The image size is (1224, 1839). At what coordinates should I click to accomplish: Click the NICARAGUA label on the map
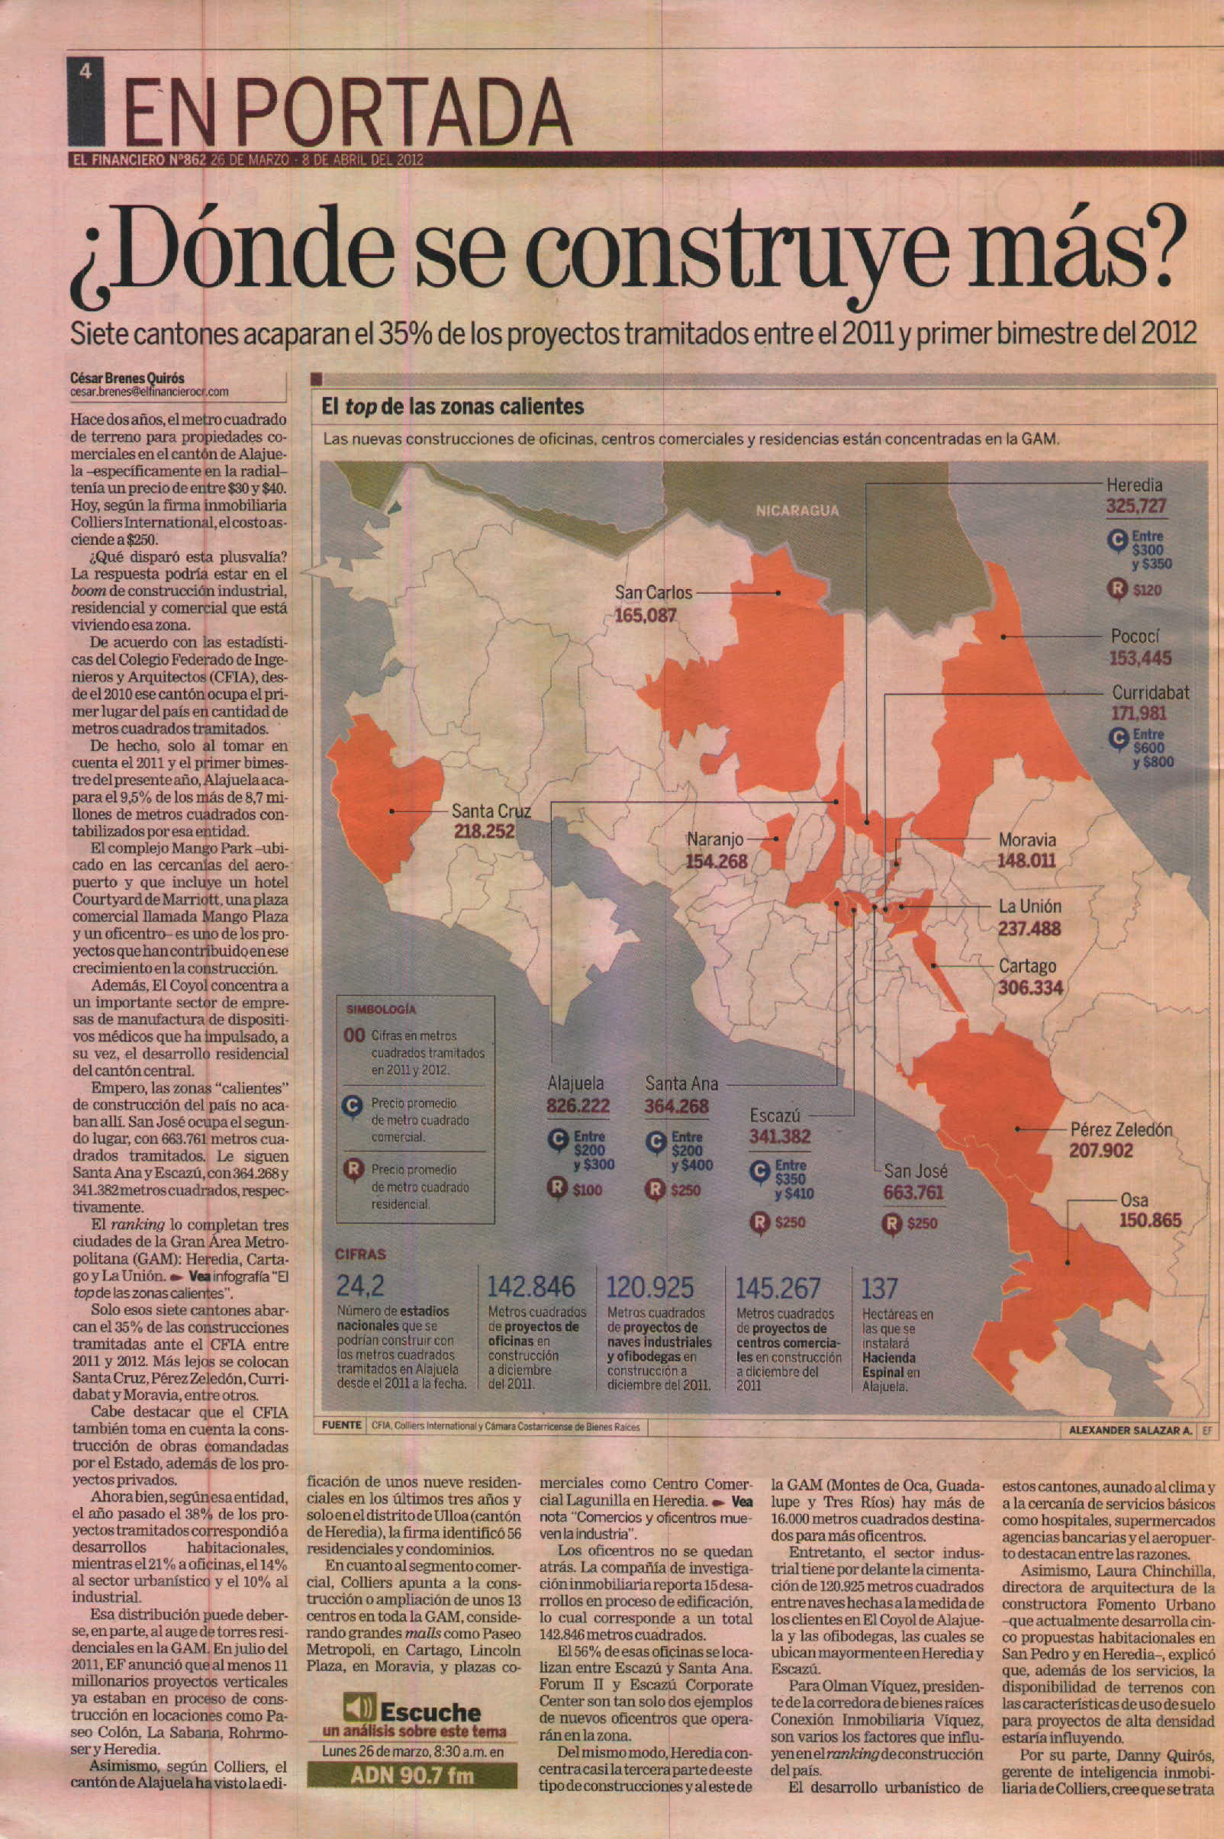(796, 510)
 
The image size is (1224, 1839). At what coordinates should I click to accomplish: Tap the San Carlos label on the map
(652, 592)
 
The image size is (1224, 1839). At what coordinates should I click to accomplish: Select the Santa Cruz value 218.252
(484, 831)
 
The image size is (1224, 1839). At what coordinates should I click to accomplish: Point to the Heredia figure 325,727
(1135, 506)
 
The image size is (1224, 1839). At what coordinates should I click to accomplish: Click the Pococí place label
(1135, 636)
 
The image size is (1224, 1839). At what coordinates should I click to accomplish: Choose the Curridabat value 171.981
(1138, 713)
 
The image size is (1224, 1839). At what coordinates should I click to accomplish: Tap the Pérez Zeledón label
(1121, 1129)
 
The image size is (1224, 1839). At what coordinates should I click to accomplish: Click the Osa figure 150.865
(1151, 1220)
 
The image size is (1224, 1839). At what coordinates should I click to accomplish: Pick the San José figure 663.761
(913, 1193)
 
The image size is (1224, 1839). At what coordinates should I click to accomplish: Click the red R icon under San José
(891, 1224)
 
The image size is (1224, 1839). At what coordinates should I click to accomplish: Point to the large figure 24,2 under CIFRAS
(360, 1286)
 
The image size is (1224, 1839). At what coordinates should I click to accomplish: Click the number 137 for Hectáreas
(879, 1288)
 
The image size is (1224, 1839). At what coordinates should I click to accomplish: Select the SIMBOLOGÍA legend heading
(381, 1010)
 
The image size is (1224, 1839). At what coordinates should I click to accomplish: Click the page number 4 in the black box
(85, 72)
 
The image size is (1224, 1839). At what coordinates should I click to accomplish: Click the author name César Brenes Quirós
(127, 378)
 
